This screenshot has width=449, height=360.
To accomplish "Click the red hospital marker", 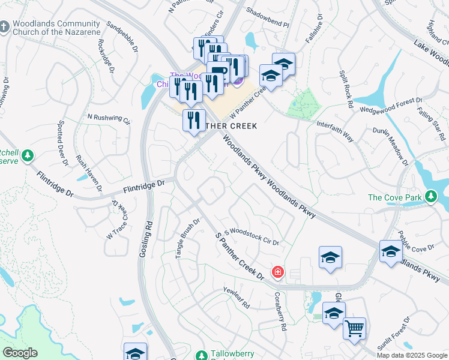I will [277, 272].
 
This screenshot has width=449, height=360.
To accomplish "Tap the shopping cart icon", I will [354, 328].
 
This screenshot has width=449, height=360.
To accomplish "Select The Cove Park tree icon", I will [430, 197].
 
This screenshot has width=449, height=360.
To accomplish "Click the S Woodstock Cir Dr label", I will [252, 235].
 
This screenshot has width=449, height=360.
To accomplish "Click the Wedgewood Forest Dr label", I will [391, 106].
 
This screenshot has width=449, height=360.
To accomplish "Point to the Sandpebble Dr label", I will [122, 35].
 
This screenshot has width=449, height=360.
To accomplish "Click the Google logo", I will [19, 353].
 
